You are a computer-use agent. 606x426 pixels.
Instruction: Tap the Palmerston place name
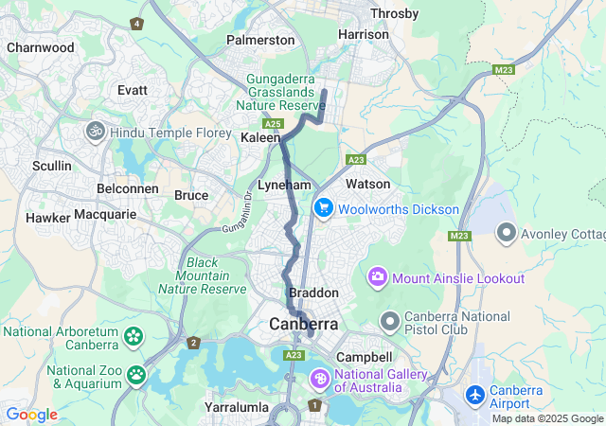click(x=260, y=40)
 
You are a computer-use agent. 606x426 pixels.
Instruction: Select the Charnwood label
click(x=40, y=46)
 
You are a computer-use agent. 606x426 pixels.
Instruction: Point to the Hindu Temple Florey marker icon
click(x=95, y=132)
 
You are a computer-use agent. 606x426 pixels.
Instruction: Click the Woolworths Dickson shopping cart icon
click(x=323, y=207)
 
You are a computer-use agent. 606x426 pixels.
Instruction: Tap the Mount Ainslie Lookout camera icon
click(x=378, y=277)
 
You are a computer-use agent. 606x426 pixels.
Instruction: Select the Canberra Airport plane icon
click(x=475, y=393)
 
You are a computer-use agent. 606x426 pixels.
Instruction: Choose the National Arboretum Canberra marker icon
click(x=134, y=336)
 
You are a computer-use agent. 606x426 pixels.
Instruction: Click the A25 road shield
click(x=274, y=124)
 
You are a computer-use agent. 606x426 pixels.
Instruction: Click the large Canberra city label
click(x=303, y=324)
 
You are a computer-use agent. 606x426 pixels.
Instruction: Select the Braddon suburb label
click(x=312, y=293)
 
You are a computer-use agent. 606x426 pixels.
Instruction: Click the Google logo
click(x=31, y=415)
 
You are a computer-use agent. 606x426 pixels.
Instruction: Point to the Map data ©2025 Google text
click(x=546, y=418)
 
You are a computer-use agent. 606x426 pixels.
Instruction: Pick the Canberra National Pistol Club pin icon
click(x=389, y=322)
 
